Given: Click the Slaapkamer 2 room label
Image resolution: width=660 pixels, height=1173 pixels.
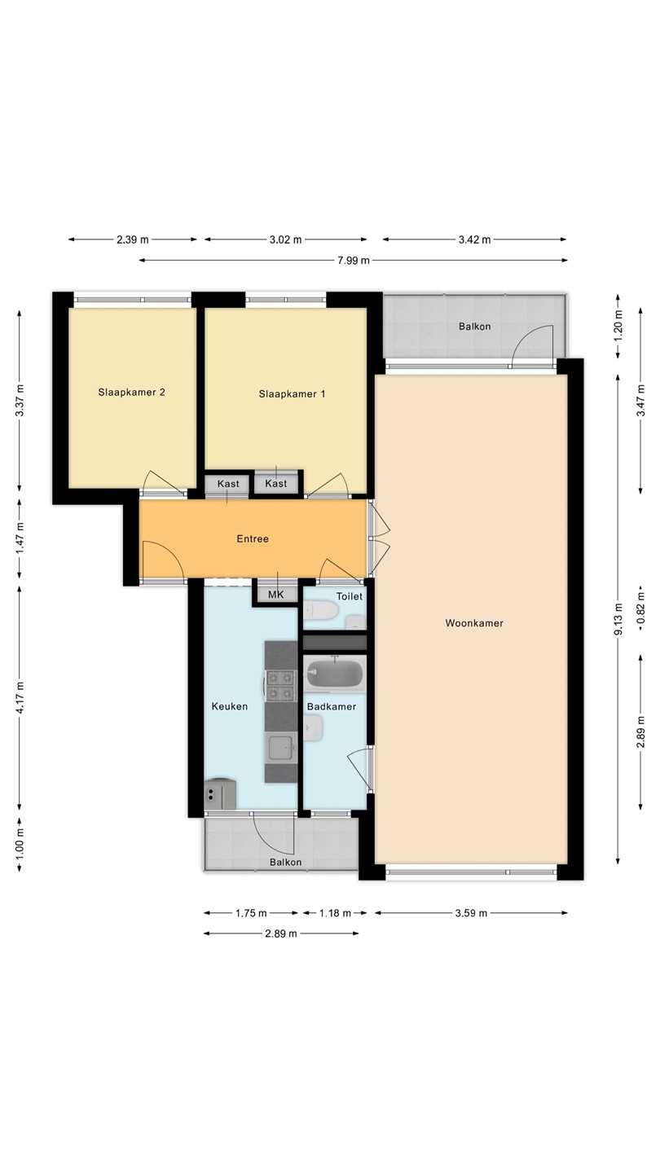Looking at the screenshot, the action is [x=131, y=393].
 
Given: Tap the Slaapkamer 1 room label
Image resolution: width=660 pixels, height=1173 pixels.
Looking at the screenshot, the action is [x=292, y=393].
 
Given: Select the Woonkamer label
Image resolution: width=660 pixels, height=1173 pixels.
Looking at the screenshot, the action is [x=474, y=623].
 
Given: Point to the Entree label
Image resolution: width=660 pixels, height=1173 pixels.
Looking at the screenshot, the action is [x=253, y=539].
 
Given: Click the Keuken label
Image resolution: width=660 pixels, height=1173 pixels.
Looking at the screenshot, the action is [x=230, y=706].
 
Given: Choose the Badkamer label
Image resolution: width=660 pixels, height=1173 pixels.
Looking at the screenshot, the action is [x=332, y=706].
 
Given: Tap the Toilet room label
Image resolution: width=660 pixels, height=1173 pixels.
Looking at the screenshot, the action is [x=350, y=596].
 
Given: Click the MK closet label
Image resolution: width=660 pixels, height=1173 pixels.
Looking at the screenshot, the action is [x=275, y=595].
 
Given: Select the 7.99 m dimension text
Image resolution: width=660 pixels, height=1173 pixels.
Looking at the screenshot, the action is [x=354, y=261].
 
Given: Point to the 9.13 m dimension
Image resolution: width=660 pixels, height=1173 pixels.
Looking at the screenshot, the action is [x=618, y=619].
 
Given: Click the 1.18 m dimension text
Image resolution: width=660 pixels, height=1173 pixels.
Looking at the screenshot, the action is [x=335, y=913].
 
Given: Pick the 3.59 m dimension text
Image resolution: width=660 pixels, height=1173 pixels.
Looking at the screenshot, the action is [x=472, y=913].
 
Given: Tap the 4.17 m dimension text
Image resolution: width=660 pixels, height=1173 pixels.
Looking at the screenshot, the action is [x=20, y=698].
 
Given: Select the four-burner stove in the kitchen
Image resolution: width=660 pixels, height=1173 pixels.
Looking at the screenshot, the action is [x=280, y=686].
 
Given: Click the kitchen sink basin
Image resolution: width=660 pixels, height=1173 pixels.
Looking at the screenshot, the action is [x=281, y=747].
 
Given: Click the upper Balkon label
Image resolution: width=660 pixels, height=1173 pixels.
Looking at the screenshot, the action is [x=474, y=327].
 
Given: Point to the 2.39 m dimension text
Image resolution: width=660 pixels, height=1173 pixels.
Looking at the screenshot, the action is [x=133, y=239].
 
